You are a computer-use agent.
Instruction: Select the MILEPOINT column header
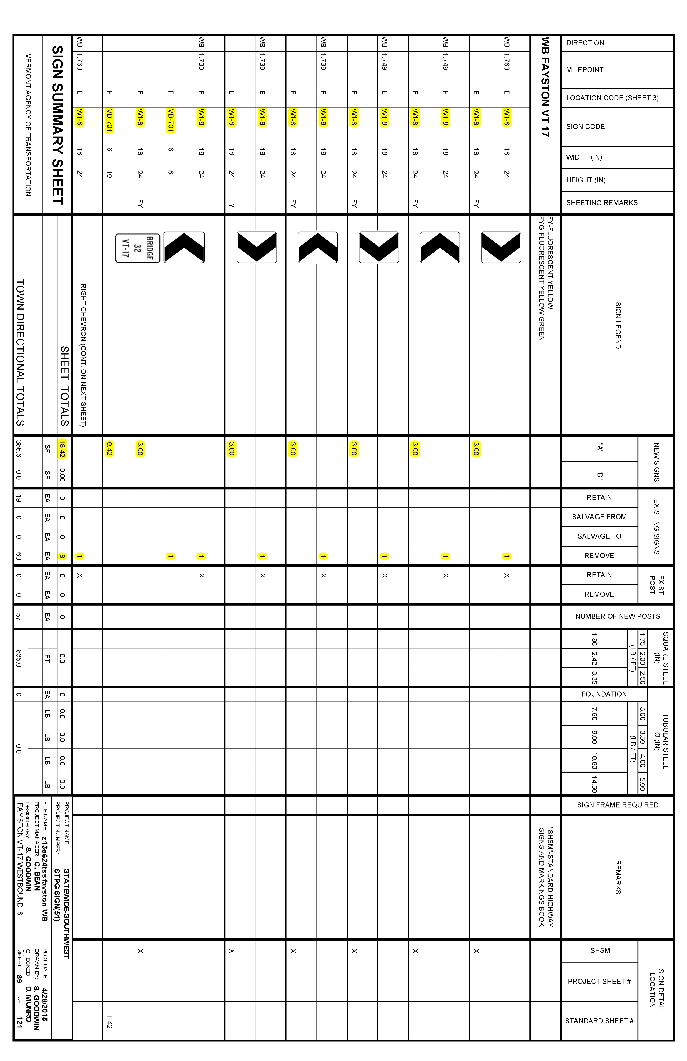tap(584, 70)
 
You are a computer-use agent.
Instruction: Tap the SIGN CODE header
tap(585, 127)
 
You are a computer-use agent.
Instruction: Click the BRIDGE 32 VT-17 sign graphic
tap(137, 248)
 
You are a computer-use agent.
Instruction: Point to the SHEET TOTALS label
tap(65, 386)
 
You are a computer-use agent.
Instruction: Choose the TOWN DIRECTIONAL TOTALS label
tap(20, 352)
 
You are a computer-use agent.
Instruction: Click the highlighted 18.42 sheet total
tap(62, 448)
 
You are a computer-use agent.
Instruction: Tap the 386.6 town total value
tap(19, 448)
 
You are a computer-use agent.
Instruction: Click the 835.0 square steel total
tap(19, 658)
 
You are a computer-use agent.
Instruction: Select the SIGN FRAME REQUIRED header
tap(617, 805)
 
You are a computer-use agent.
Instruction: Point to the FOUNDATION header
tap(604, 694)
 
